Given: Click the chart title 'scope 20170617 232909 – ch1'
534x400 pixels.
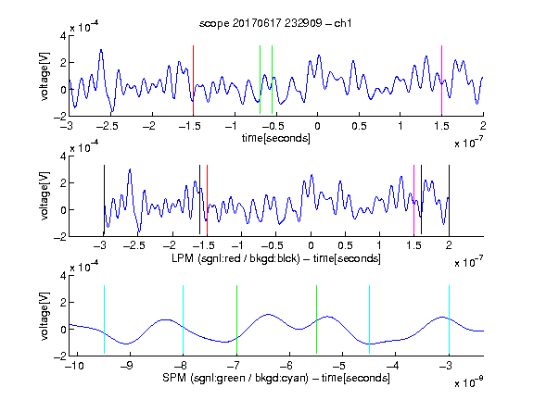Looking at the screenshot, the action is tap(275, 23).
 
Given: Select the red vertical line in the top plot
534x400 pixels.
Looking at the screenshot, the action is tap(193, 81).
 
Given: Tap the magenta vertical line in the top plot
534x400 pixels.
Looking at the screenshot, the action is tap(441, 81).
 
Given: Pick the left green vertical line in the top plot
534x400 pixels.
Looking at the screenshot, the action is tap(260, 80).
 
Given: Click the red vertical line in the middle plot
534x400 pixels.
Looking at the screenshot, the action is tap(207, 200).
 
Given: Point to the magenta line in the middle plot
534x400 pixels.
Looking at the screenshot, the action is tap(413, 200).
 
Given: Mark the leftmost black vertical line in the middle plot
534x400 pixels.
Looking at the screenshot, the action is tap(104, 200).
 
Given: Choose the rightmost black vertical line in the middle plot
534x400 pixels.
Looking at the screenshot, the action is tap(449, 200).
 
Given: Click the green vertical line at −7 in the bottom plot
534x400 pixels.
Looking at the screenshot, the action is tap(236, 319).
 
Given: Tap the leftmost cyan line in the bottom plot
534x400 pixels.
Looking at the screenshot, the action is tap(104, 319).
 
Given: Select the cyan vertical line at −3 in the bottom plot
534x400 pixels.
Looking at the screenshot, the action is tap(449, 319).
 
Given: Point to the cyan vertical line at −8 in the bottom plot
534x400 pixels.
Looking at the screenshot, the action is tap(183, 319).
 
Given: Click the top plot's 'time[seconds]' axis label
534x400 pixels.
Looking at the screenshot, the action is tap(276, 138).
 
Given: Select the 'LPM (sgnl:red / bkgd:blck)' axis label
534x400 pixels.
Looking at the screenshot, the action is tap(235, 258).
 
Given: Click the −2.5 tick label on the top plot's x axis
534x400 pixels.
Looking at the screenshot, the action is tap(107, 126).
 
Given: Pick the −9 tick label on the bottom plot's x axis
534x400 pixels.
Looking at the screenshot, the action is tap(127, 366).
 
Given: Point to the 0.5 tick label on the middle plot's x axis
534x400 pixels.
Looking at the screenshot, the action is tap(345, 245).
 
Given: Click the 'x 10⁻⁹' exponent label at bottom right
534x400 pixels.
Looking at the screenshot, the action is tap(468, 382).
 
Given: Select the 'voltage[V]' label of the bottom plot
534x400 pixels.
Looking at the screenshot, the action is tap(44, 316).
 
